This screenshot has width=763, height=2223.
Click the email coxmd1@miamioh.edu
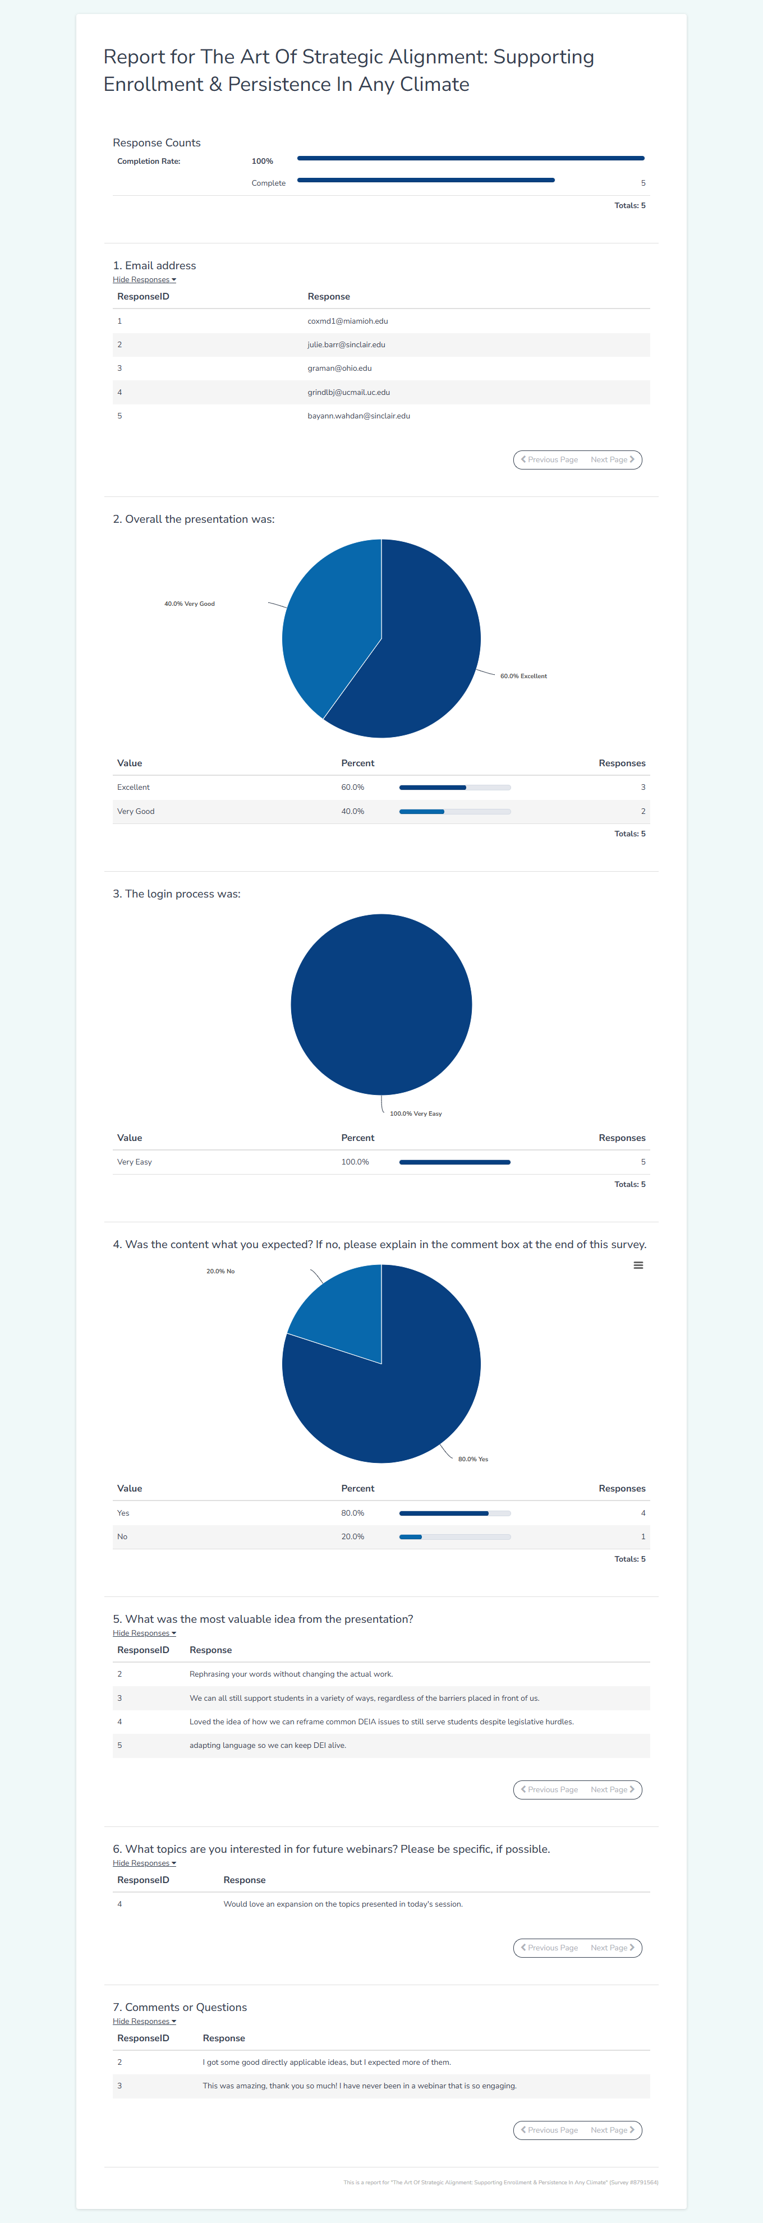pyautogui.click(x=348, y=321)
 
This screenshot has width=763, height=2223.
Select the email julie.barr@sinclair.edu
pyautogui.click(x=346, y=344)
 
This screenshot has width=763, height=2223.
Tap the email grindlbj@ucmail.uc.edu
pyautogui.click(x=349, y=392)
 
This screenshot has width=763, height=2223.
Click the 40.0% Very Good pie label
pyautogui.click(x=189, y=604)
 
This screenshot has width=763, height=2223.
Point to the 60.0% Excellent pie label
pyautogui.click(x=523, y=676)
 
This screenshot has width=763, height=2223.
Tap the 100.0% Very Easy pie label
pyautogui.click(x=415, y=1113)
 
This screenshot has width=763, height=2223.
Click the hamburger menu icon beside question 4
pyautogui.click(x=638, y=1265)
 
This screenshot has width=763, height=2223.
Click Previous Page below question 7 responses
pyautogui.click(x=549, y=2130)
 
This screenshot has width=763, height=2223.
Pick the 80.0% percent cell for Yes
pyautogui.click(x=352, y=1513)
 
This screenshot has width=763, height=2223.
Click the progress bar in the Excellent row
pyautogui.click(x=455, y=787)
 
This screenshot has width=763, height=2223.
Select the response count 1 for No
pyautogui.click(x=642, y=1536)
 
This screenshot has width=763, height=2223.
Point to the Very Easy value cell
pyautogui.click(x=135, y=1162)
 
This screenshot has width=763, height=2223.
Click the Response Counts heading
pyautogui.click(x=156, y=142)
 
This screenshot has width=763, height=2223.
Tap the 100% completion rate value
pyautogui.click(x=263, y=162)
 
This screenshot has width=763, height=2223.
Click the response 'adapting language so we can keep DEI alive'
pyautogui.click(x=268, y=1745)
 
